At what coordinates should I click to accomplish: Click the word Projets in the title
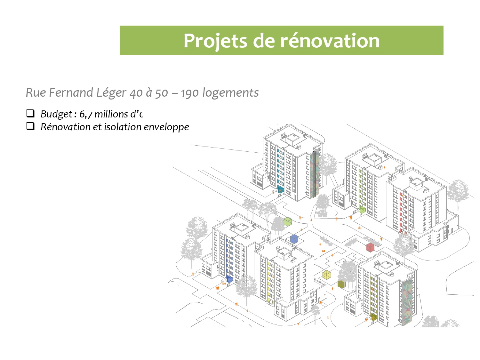point(215,41)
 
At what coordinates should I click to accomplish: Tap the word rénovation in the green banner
point(330,41)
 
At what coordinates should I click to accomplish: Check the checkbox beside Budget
point(30,113)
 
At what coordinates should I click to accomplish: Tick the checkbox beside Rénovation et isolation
point(30,126)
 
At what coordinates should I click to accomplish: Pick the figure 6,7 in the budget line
point(86,114)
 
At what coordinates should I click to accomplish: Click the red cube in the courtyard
point(370,247)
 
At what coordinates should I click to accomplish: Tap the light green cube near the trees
point(288,221)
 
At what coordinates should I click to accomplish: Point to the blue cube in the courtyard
point(294,239)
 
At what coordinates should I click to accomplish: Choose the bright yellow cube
point(326,275)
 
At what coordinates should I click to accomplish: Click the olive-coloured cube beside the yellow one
point(341,284)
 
